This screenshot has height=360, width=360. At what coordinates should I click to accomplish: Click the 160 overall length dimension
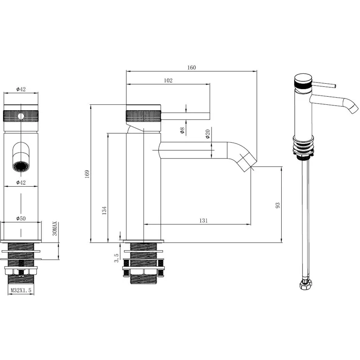(192, 67)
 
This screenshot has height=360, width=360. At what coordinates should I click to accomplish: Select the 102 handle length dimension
(168, 81)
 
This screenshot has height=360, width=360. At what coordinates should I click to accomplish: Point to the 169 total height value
(88, 174)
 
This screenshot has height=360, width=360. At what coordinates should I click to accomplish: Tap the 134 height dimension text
(105, 210)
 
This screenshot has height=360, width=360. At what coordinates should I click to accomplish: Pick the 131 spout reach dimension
(203, 220)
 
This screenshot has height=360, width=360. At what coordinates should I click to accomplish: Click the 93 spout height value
(278, 205)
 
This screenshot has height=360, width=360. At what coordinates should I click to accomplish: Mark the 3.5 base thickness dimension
(117, 258)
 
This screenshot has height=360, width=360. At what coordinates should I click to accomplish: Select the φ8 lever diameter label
(182, 130)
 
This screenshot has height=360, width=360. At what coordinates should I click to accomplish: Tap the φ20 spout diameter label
(208, 134)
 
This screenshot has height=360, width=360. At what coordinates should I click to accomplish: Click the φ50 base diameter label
(21, 218)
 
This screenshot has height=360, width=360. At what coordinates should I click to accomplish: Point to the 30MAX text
(54, 229)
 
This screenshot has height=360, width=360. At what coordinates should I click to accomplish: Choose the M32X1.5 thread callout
(21, 290)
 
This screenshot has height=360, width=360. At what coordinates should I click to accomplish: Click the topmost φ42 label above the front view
(21, 90)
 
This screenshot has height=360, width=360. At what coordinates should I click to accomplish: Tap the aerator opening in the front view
(21, 167)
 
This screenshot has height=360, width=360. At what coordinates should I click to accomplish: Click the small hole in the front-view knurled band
(21, 117)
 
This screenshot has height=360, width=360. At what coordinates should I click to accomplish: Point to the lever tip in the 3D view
(334, 85)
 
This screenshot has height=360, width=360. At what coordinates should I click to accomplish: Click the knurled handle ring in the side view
(143, 116)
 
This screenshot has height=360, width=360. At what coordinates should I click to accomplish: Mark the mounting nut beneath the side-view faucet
(143, 271)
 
